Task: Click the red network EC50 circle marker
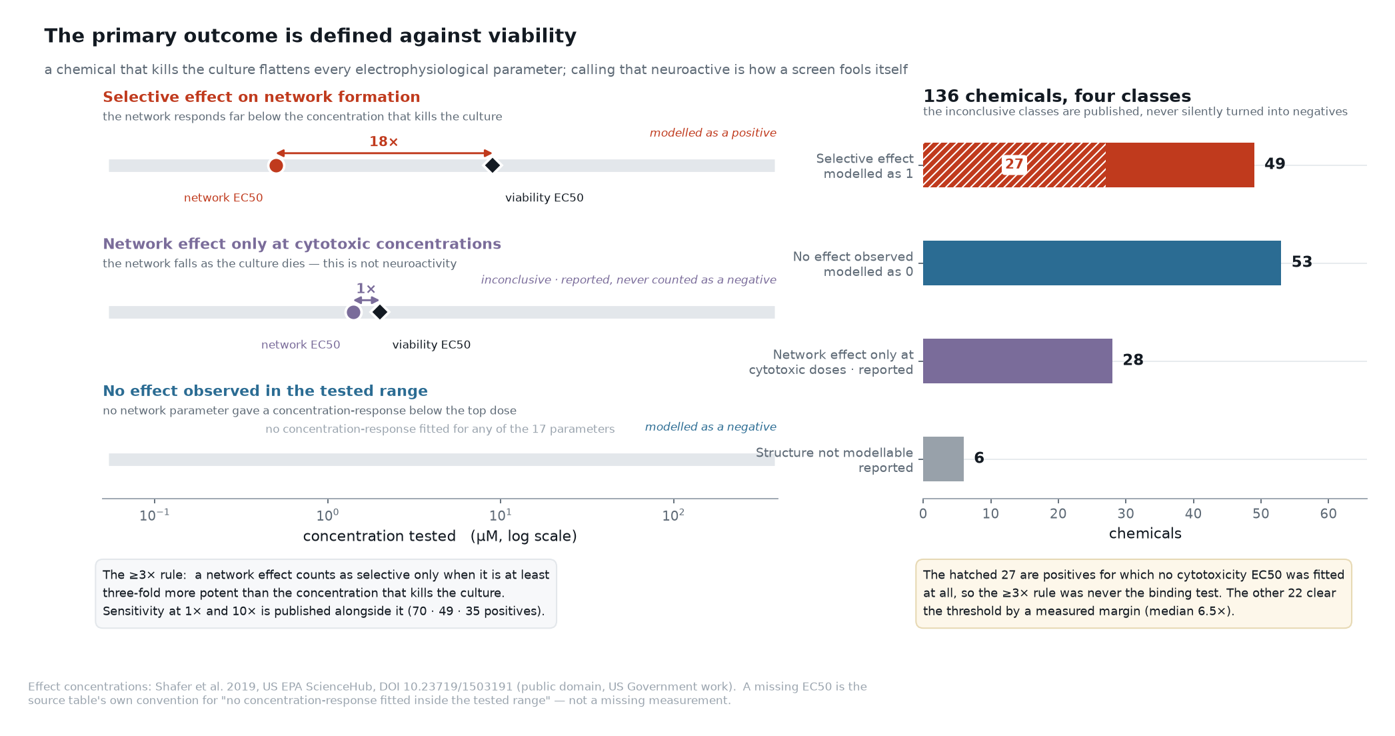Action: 276,165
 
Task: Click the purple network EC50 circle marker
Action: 353,312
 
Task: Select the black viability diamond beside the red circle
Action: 492,165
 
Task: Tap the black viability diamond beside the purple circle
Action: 380,312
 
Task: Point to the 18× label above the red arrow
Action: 384,141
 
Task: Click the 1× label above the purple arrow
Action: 366,289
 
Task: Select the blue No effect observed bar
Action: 1102,263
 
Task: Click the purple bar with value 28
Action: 1018,361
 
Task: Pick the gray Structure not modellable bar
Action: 943,459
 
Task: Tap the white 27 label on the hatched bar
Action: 1014,164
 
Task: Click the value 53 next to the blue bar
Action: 1302,262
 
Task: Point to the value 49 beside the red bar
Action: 1274,164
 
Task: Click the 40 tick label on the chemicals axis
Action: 1193,514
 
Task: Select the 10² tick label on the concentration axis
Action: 673,515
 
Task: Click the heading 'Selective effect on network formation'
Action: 261,97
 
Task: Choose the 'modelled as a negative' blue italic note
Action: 710,427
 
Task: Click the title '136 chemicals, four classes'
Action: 1057,96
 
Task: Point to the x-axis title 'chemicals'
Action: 1145,533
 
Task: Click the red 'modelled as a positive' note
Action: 713,133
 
